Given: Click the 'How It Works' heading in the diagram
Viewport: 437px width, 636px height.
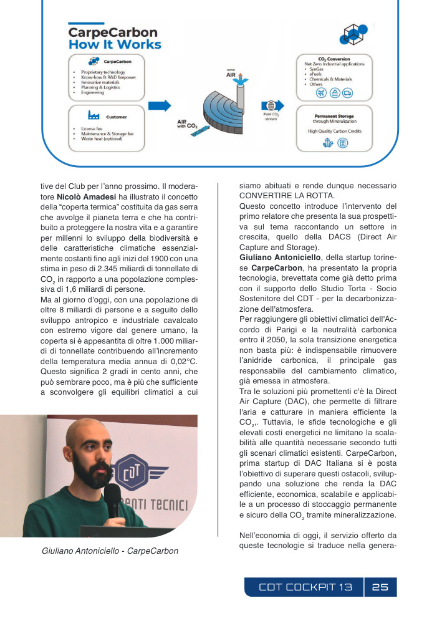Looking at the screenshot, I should [115, 44].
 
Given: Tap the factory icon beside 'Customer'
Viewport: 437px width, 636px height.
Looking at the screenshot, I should [94, 115].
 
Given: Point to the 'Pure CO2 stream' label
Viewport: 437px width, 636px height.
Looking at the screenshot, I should [271, 117].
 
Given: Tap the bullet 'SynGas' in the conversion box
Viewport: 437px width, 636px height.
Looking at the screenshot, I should [318, 69].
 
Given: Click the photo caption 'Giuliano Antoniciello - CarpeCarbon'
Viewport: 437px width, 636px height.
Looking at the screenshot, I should [110, 551].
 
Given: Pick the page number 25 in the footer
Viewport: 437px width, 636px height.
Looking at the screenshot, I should [380, 587].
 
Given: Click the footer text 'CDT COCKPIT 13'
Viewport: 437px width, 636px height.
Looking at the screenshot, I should [305, 587].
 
